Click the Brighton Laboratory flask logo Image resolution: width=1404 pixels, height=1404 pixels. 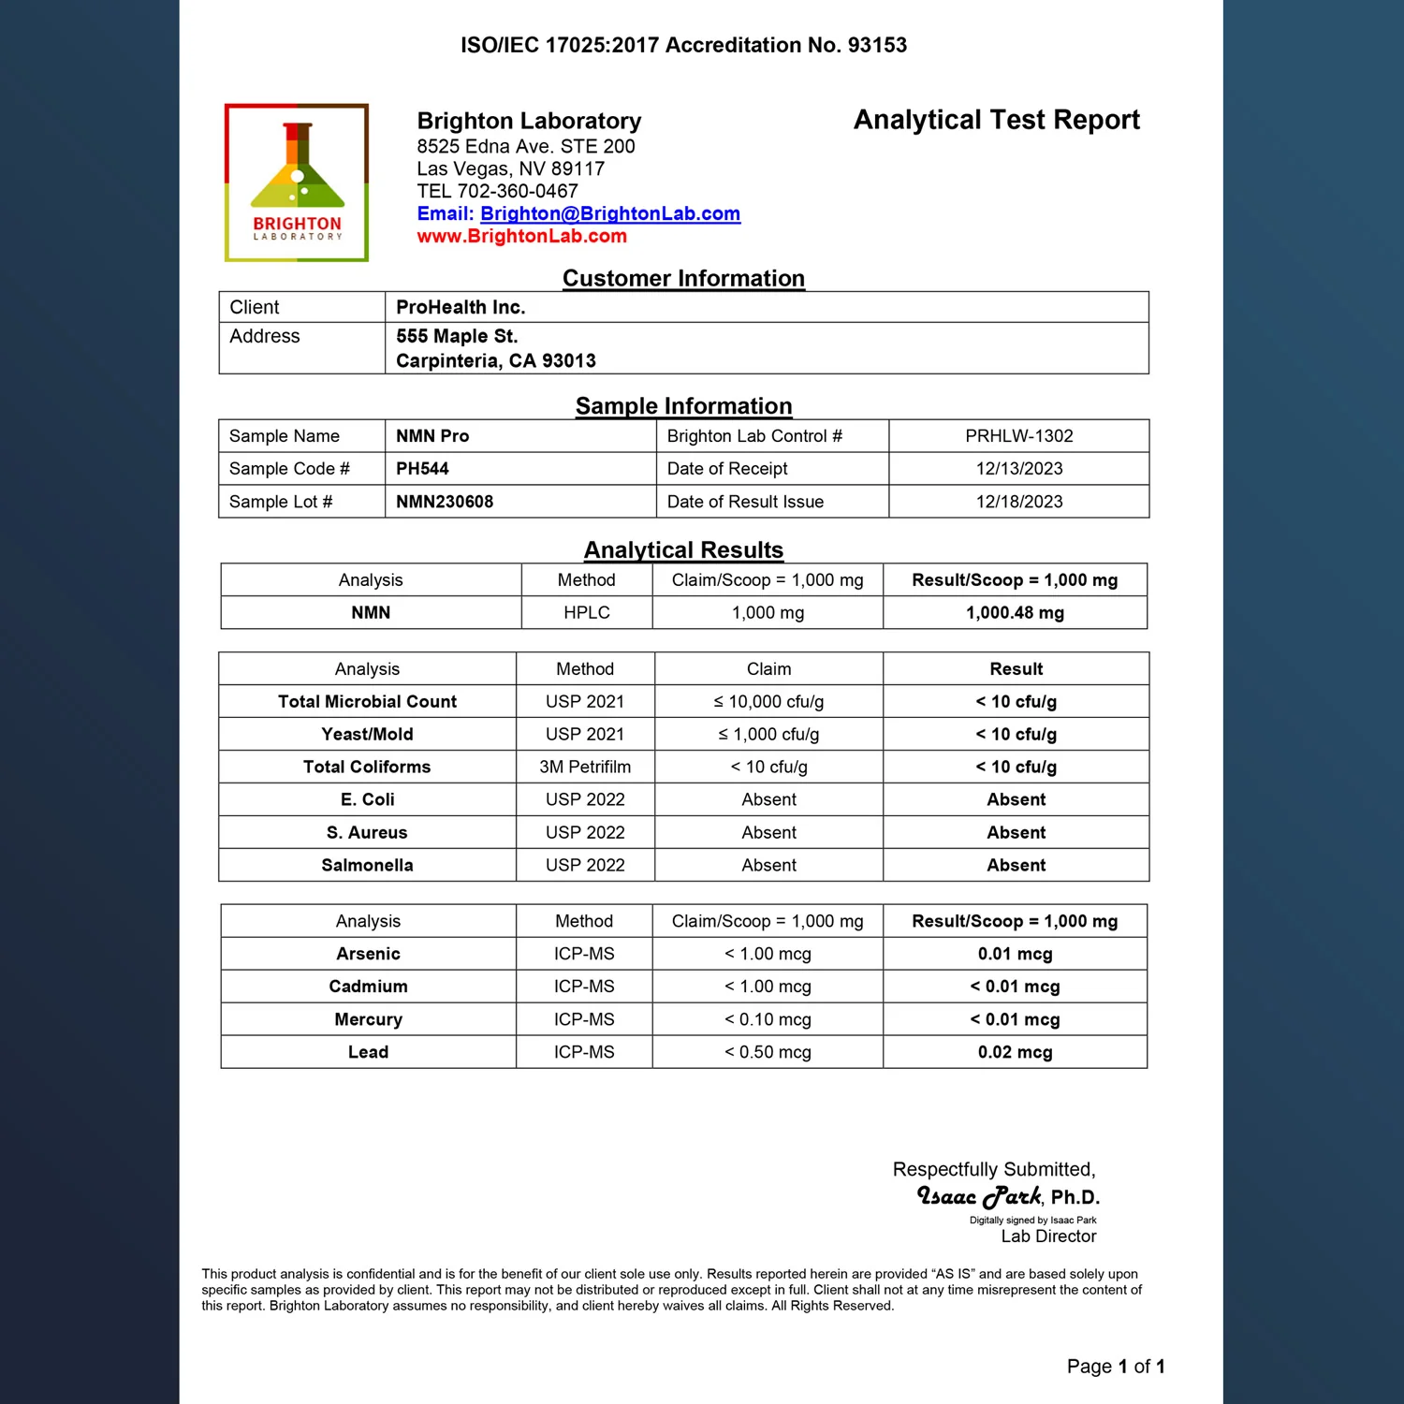coord(297,182)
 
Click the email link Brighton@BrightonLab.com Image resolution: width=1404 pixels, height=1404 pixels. coord(609,214)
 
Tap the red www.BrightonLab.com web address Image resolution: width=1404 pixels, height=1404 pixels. coord(521,237)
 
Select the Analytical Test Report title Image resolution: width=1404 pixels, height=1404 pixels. coord(996,120)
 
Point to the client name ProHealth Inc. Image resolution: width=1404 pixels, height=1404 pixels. coord(461,308)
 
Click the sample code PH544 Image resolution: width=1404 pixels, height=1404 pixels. coord(422,469)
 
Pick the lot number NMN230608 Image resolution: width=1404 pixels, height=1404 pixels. coord(445,502)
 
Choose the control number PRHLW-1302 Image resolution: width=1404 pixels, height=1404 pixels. coord(1018,436)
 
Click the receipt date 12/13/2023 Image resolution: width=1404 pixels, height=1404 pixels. coord(1018,469)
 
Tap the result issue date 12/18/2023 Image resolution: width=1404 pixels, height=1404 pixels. coord(1018,502)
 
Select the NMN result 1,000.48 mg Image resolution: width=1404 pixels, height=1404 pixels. coord(1015,613)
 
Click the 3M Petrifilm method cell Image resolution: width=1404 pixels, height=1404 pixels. coord(585,768)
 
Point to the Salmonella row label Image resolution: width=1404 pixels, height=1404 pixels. coord(367,866)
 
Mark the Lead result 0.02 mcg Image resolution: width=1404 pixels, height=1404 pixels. coord(1015,1052)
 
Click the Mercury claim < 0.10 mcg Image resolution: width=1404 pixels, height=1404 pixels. coord(768,1019)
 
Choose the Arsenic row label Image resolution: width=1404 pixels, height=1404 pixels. coord(368,954)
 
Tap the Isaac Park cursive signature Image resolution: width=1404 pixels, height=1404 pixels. coord(979,1196)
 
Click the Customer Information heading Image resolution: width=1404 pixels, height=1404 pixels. coord(683,279)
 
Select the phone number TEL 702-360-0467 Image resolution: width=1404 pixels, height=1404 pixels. coord(497,192)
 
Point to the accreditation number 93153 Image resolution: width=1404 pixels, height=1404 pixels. coord(877,45)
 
